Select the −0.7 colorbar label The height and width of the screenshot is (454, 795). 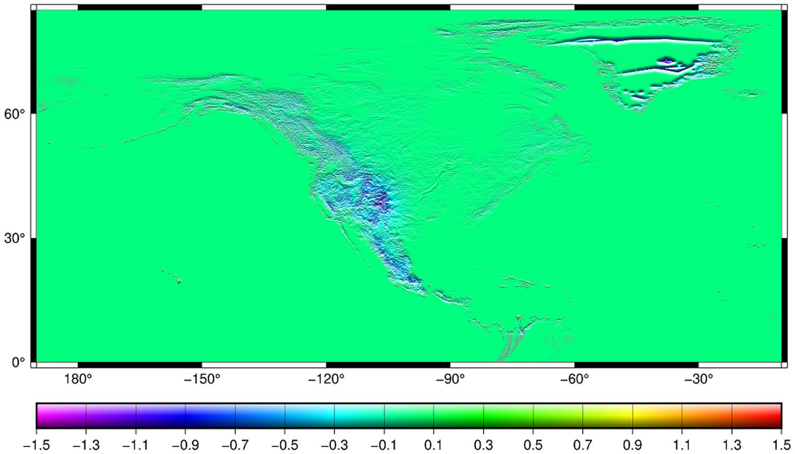click(235, 444)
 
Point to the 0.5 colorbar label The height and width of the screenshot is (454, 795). click(533, 444)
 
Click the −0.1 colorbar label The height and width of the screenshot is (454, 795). click(384, 444)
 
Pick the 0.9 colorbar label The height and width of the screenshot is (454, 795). click(633, 444)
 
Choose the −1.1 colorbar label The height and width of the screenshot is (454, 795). click(135, 444)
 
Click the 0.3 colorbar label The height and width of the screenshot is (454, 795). click(484, 444)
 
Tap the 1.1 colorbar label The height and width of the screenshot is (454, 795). click(682, 444)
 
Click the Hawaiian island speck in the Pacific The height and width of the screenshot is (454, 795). click(179, 281)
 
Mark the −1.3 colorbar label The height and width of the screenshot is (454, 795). click(85, 444)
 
